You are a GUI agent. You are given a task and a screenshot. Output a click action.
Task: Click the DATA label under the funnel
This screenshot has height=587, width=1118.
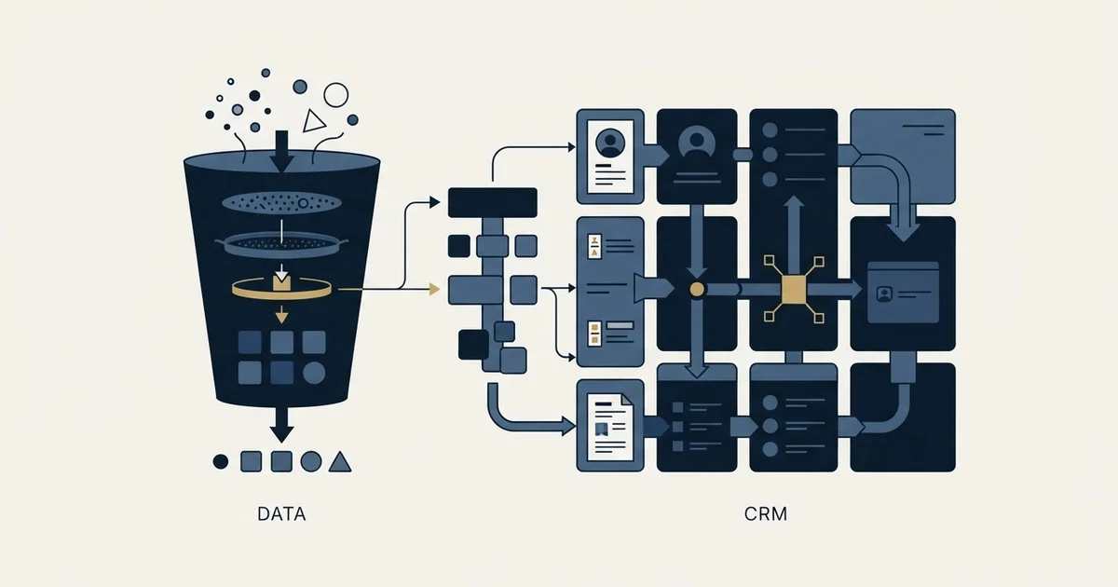click(281, 514)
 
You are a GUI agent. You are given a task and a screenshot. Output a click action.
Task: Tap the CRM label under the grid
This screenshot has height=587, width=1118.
click(766, 514)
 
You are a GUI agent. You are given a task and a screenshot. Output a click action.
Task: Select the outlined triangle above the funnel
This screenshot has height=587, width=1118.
click(314, 121)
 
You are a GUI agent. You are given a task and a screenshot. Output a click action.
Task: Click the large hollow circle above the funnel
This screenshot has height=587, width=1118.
click(336, 95)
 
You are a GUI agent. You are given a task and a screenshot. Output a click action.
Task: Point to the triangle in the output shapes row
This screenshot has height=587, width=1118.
click(340, 462)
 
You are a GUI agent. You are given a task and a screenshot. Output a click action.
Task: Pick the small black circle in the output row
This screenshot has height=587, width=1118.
click(221, 462)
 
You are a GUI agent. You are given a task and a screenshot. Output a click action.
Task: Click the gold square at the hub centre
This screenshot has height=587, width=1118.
click(794, 290)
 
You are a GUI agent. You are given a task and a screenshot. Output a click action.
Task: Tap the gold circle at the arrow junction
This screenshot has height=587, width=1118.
click(697, 290)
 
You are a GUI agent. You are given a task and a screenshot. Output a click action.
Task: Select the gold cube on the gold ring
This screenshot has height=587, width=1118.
click(281, 282)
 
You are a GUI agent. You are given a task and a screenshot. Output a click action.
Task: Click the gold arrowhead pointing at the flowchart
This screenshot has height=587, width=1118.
click(435, 289)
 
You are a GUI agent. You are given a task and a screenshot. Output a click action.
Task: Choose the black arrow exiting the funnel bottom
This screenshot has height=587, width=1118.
click(281, 425)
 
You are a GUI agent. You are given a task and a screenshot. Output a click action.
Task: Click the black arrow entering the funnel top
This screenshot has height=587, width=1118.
click(282, 151)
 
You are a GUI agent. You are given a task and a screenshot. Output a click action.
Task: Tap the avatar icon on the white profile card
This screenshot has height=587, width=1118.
click(610, 143)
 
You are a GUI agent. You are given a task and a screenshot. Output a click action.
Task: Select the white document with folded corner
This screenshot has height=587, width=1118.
click(610, 427)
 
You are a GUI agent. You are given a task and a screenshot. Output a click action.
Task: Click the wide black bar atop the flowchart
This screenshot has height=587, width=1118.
click(493, 203)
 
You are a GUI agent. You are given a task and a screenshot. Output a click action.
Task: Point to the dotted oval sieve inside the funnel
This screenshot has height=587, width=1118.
click(281, 203)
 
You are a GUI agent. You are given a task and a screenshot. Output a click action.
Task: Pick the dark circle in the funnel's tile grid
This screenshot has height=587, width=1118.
click(314, 373)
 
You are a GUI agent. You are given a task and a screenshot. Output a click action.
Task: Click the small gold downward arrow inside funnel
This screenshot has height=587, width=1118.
click(282, 315)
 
